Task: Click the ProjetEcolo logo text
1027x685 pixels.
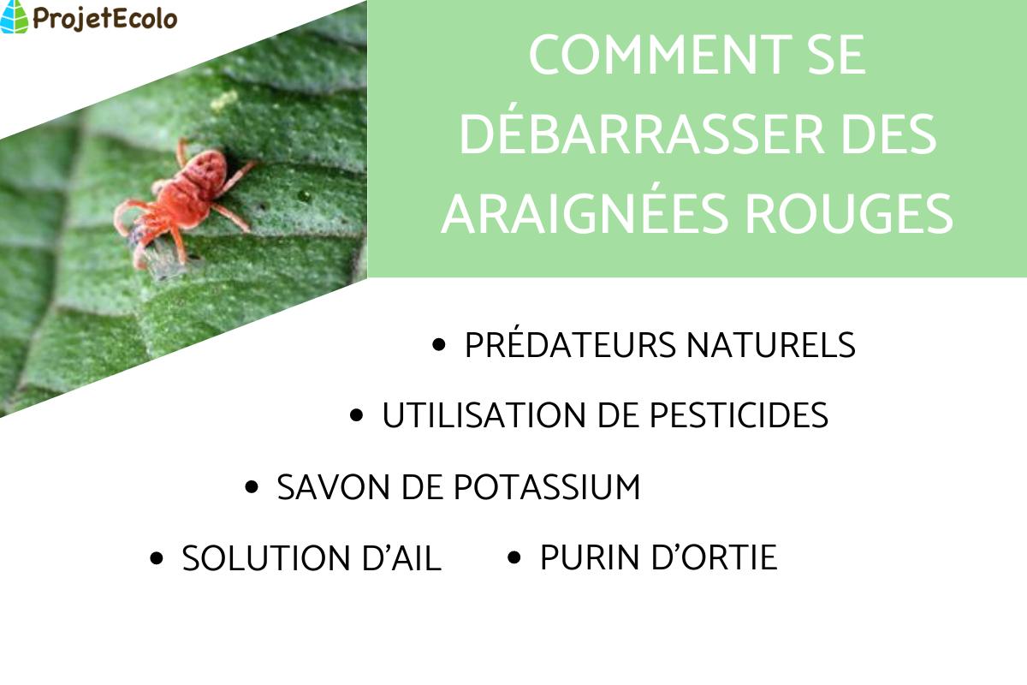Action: click(104, 17)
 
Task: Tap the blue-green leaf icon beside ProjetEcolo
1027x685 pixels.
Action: click(15, 17)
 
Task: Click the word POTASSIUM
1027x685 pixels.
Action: click(546, 487)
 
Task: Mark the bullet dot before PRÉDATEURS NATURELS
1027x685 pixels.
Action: click(440, 345)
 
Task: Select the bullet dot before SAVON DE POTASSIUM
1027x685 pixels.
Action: click(252, 487)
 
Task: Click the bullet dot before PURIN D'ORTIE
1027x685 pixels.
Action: click(514, 557)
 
